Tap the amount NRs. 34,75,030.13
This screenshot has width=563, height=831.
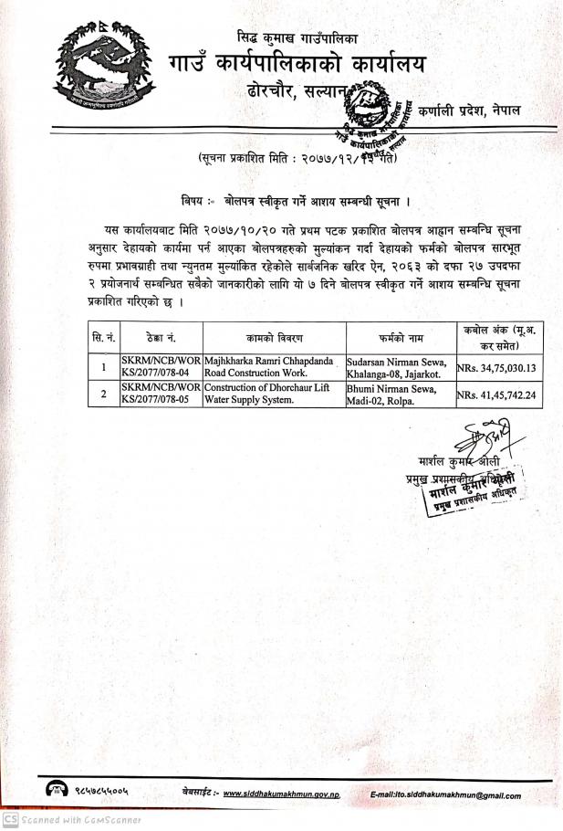[497, 367]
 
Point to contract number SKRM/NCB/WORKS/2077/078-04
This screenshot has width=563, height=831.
[162, 367]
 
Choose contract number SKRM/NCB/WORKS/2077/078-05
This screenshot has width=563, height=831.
[162, 393]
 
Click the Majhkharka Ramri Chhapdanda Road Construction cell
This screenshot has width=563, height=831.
[271, 367]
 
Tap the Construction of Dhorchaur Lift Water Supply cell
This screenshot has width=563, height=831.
[271, 393]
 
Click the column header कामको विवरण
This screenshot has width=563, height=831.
[273, 337]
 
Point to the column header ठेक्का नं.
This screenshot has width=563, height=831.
[162, 337]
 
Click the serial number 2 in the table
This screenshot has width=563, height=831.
[103, 394]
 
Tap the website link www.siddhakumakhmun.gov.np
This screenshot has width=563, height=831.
[281, 794]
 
